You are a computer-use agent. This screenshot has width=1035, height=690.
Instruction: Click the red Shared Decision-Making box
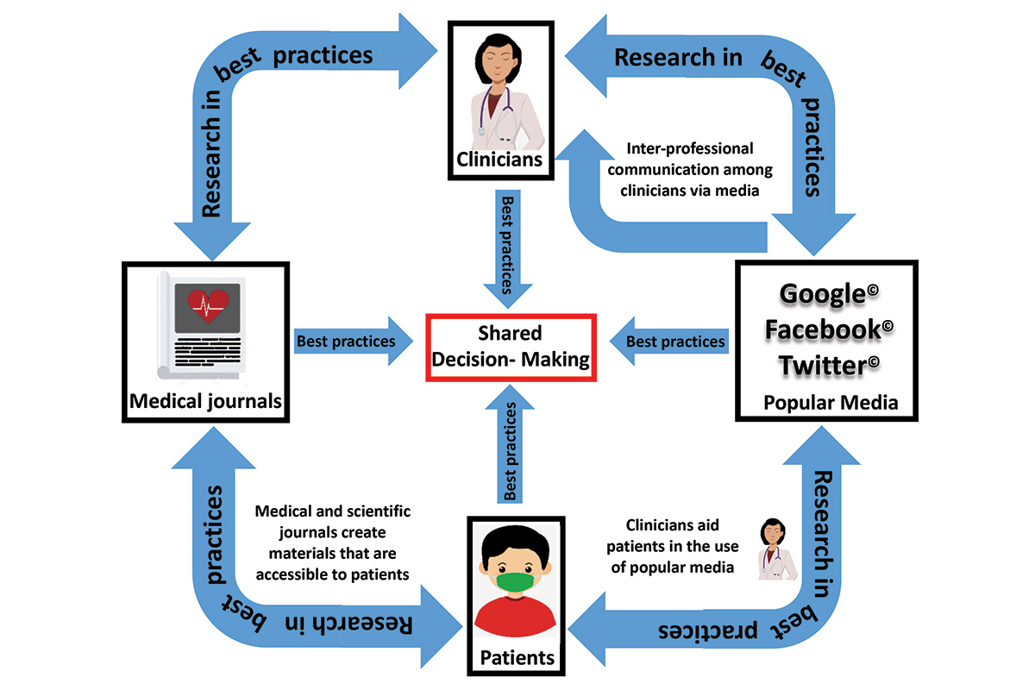pos(511,348)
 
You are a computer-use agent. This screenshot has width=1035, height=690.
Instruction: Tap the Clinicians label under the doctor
pos(500,159)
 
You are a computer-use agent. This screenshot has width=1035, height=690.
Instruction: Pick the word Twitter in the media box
pos(825,366)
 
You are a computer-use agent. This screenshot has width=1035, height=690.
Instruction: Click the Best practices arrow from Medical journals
pos(349,342)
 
